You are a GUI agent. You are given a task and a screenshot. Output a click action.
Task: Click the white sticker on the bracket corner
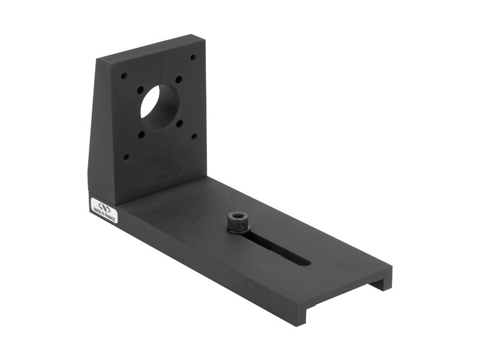coord(103,210)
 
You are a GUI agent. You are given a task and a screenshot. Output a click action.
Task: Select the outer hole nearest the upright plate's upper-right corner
coord(193,58)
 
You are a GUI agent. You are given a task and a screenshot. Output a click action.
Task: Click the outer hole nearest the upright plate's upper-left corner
coord(123,77)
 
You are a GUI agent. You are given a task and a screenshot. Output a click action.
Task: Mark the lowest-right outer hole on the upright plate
coord(194,136)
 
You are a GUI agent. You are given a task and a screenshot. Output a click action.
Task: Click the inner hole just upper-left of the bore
coord(140,90)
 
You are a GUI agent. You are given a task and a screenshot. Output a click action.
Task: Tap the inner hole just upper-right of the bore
coord(178,79)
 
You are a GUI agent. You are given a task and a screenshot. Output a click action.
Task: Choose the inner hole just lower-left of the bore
coord(141,135)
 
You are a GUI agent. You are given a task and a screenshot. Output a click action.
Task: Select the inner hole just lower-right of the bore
coord(179,123)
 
